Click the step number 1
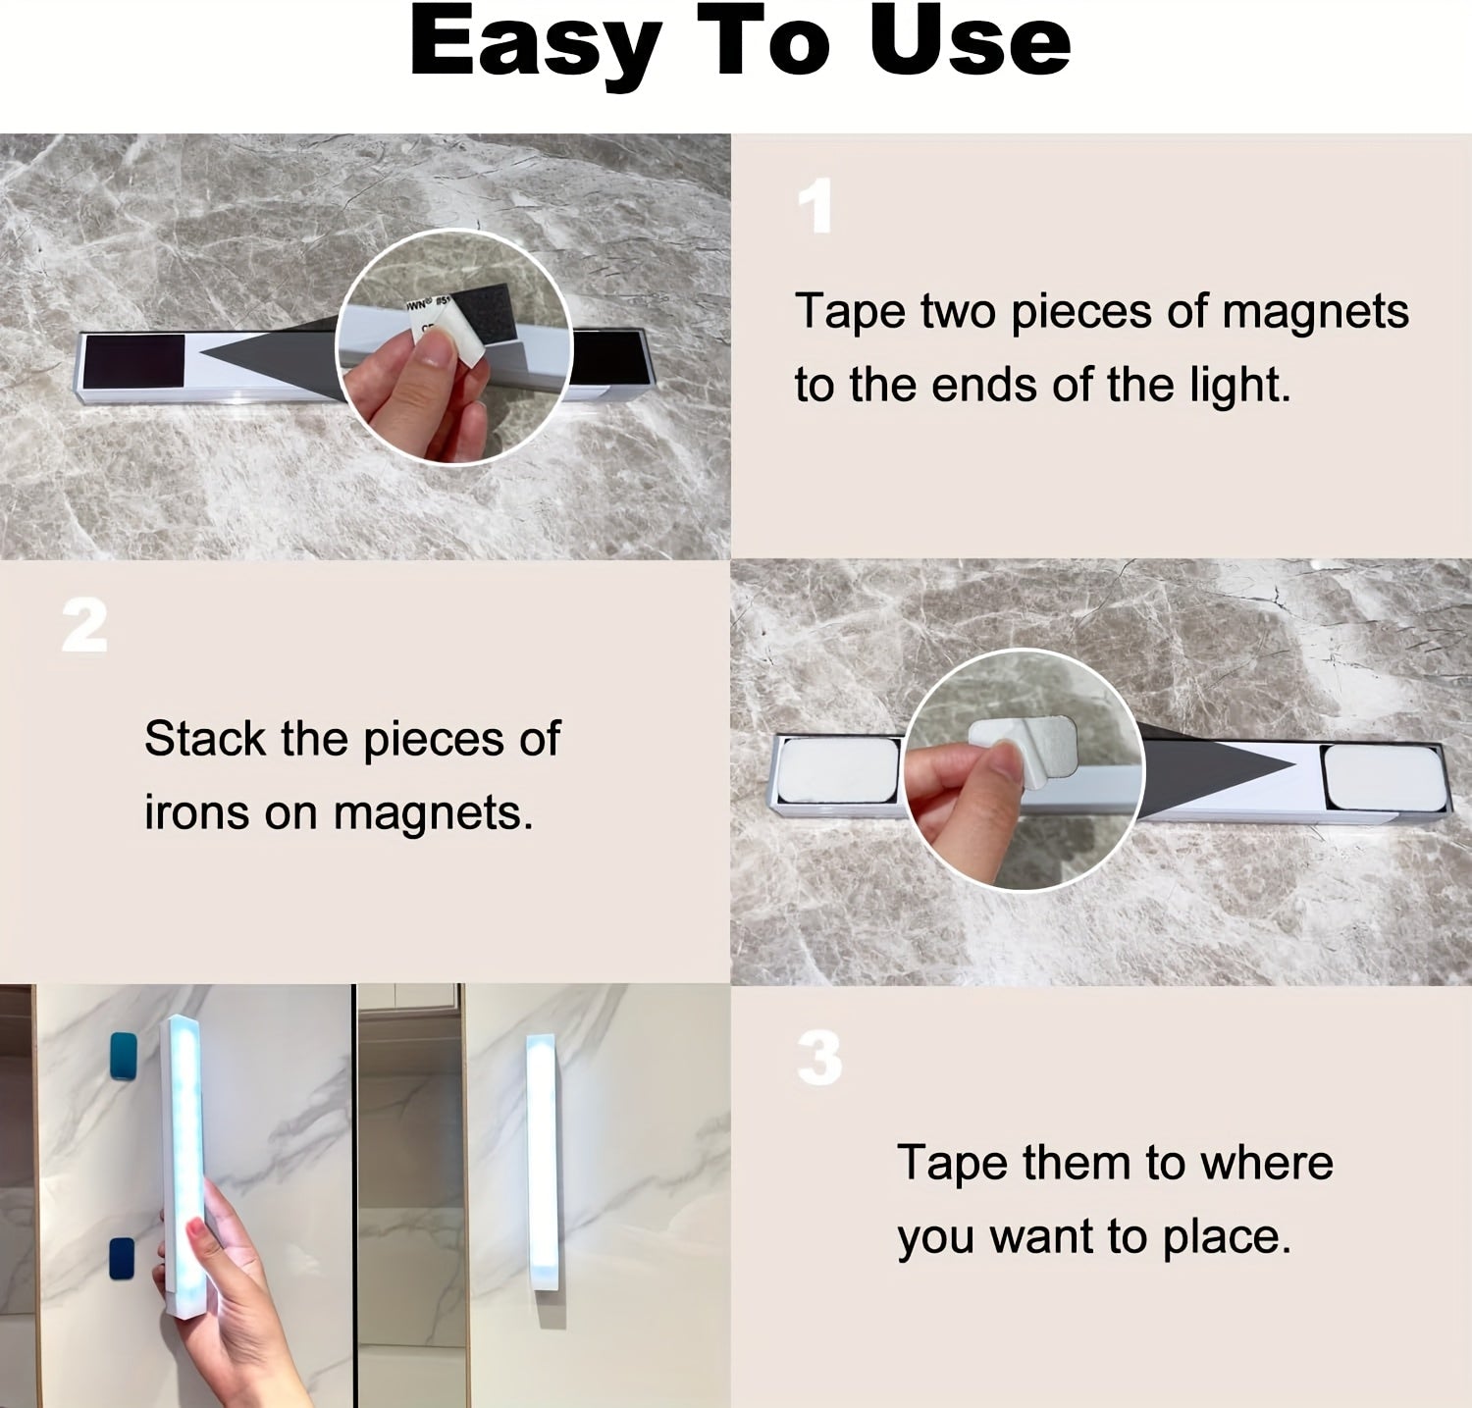[x=815, y=207]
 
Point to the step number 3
[x=819, y=1059]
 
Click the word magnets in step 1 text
[x=1314, y=312]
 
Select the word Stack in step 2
[x=204, y=739]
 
